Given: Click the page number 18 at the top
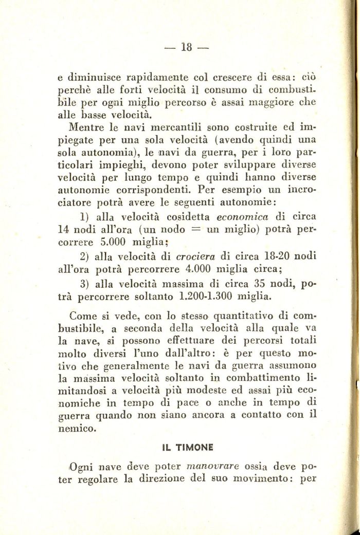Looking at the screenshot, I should pos(186,47).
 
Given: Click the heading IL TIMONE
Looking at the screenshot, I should pos(188,447).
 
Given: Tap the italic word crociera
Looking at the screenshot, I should pos(196,256).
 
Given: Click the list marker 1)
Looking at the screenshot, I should pos(85,216).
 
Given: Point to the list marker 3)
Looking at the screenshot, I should pos(85,283).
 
